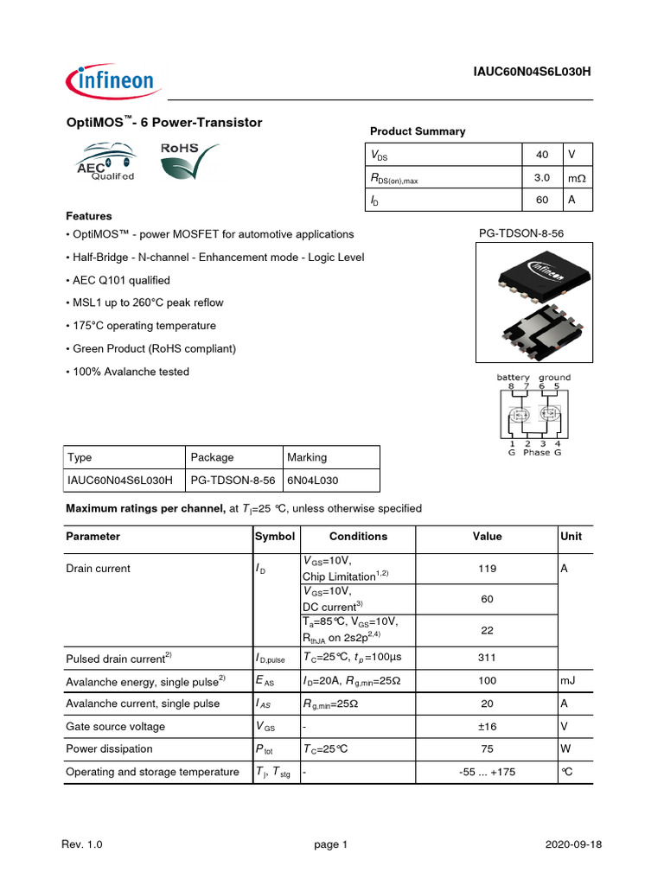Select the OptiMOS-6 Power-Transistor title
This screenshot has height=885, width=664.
(164, 123)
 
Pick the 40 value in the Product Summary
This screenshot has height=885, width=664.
(542, 155)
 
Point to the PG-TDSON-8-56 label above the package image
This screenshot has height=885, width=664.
(521, 233)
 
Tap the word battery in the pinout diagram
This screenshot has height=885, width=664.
(514, 378)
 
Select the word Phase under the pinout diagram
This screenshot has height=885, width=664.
(536, 452)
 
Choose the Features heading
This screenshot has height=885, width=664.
(89, 216)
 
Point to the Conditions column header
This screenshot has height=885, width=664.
(358, 536)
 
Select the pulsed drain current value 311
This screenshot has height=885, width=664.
(487, 658)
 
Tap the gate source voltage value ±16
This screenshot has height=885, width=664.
(487, 726)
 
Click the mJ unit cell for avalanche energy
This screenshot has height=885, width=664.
(568, 681)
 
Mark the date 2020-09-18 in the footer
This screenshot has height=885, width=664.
(571, 844)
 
